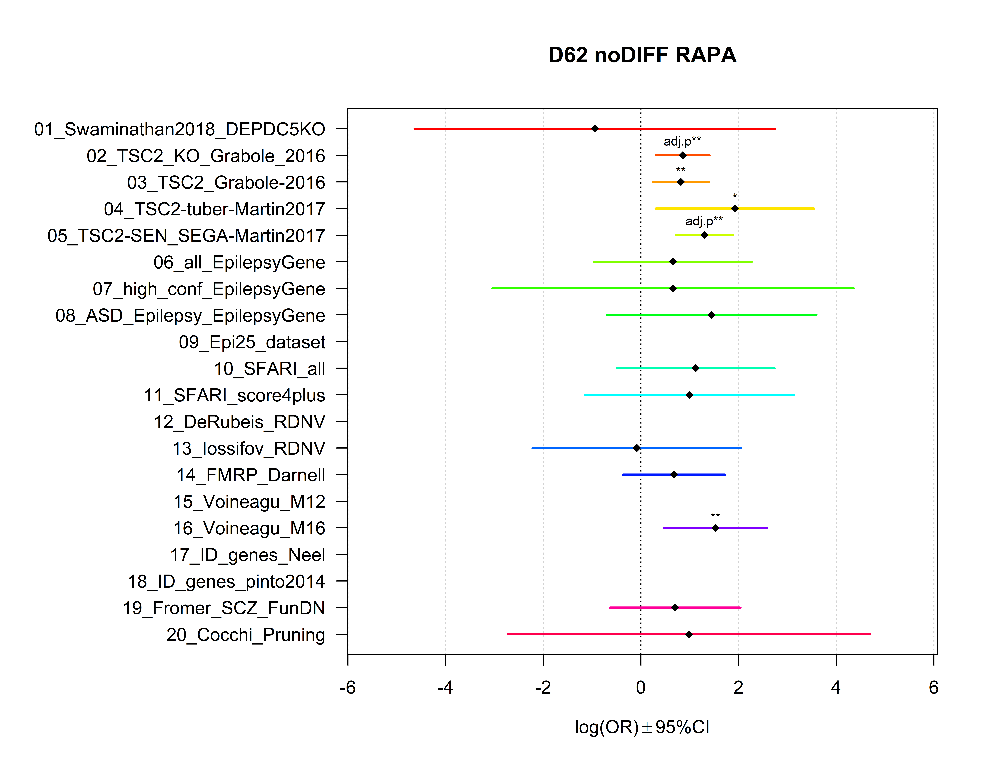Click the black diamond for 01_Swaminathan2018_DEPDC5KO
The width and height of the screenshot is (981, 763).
595,129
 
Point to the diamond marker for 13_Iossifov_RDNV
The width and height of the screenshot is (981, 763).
636,448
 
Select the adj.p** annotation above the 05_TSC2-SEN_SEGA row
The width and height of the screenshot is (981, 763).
704,221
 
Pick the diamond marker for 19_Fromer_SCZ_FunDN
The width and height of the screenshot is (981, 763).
675,608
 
